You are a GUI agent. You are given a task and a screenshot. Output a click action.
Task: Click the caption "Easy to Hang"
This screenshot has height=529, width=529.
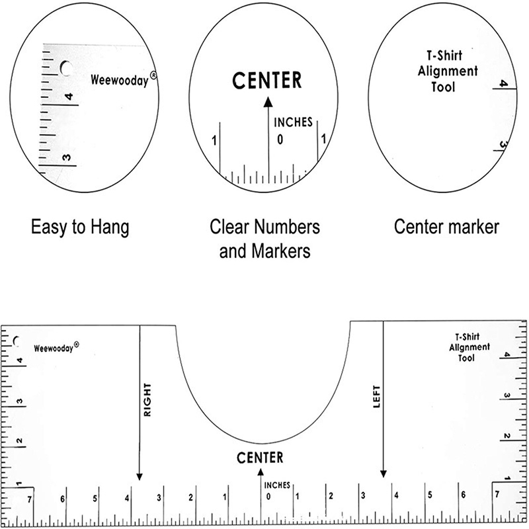pyautogui.click(x=80, y=227)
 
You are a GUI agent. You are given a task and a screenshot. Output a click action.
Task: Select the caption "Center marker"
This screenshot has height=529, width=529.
pyautogui.click(x=446, y=227)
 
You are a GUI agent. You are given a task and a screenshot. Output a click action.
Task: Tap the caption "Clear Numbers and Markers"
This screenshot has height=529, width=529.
pyautogui.click(x=264, y=239)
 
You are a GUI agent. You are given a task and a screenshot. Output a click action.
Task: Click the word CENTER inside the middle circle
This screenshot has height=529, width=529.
pyautogui.click(x=267, y=81)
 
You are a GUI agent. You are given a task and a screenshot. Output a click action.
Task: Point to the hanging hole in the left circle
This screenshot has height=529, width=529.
pyautogui.click(x=66, y=68)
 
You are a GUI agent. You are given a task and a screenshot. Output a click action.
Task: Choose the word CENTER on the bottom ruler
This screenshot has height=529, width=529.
pyautogui.click(x=260, y=457)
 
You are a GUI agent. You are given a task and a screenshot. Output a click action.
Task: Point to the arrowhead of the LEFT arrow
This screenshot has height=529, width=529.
pyautogui.click(x=383, y=473)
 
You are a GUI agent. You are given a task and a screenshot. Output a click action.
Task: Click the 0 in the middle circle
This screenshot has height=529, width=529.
pyautogui.click(x=280, y=140)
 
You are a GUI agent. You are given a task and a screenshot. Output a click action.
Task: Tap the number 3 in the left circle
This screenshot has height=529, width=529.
pyautogui.click(x=65, y=157)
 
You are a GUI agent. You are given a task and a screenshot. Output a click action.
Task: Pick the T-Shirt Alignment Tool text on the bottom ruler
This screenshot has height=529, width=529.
pyautogui.click(x=469, y=346)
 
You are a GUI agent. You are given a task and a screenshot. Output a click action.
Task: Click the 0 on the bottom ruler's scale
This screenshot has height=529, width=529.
pyautogui.click(x=268, y=497)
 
